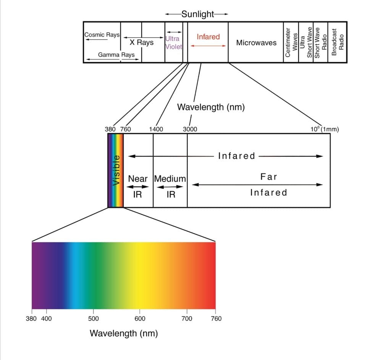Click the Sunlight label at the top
198,14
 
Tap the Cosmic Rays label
102,35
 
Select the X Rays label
141,42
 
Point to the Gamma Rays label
116,55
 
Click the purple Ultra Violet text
173,43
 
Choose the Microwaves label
256,43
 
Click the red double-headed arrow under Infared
208,46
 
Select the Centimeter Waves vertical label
291,43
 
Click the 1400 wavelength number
156,129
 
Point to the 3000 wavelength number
190,129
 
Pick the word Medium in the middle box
170,178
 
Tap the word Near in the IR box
137,178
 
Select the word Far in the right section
268,177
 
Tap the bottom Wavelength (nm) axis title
124,333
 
